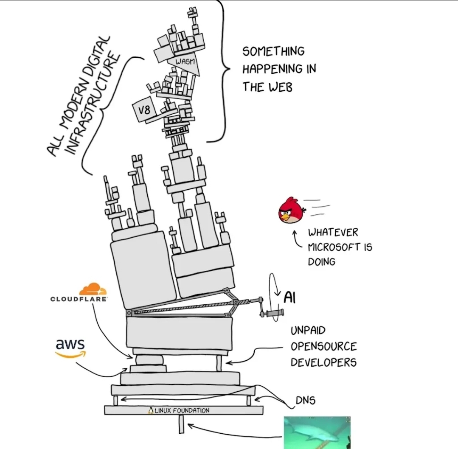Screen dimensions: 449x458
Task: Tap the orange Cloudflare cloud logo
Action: point(93,289)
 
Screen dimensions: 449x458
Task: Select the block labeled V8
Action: point(144,111)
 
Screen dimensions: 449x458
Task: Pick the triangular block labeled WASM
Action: point(185,63)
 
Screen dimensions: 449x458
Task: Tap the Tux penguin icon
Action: point(151,410)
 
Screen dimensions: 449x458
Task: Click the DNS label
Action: point(306,400)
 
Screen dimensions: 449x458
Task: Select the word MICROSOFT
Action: point(334,247)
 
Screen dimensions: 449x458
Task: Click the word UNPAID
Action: point(308,331)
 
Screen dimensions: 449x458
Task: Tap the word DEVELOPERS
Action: point(323,362)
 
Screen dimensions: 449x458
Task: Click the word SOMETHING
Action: point(274,51)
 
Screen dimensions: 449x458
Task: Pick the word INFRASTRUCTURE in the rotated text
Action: point(93,104)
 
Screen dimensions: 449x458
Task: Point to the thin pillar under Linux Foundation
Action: point(182,424)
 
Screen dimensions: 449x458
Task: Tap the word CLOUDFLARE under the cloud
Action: point(79,299)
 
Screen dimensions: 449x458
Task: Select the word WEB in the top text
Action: point(280,87)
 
